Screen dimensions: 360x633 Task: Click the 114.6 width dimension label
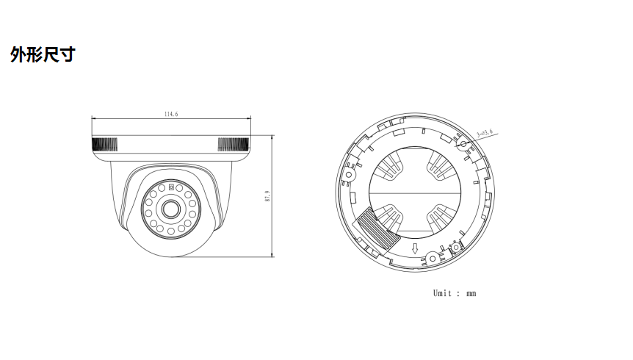(172, 114)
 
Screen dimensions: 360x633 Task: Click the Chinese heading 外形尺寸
(42, 55)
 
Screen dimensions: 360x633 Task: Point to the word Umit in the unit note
(443, 293)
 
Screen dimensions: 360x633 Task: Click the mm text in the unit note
(471, 293)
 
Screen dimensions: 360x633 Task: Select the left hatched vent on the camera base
(104, 143)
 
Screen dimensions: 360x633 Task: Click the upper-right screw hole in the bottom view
(463, 143)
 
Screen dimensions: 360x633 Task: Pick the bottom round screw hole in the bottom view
(433, 258)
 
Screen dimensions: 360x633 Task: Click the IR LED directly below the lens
(170, 233)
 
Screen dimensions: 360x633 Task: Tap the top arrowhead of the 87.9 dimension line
(272, 137)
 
